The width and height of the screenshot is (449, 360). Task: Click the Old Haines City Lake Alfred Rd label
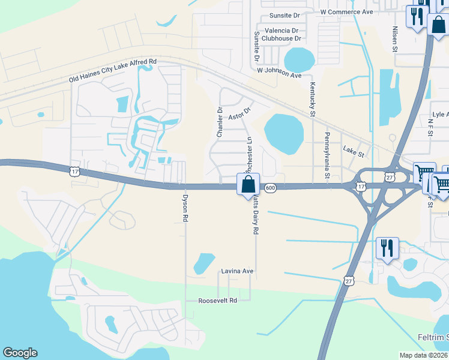[x=112, y=70]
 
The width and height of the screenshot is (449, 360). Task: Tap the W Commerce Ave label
[x=346, y=11]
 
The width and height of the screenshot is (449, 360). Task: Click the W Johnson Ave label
[x=279, y=72]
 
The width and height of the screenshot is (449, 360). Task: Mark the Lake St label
[x=353, y=152]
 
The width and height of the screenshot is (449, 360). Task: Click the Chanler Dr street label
[x=220, y=122]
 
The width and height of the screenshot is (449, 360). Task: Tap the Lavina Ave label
[x=237, y=271]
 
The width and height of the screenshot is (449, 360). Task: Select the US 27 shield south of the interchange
[x=350, y=280]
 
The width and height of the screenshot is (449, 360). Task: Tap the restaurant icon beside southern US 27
[x=387, y=247]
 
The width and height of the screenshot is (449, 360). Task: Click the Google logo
[x=20, y=353]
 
